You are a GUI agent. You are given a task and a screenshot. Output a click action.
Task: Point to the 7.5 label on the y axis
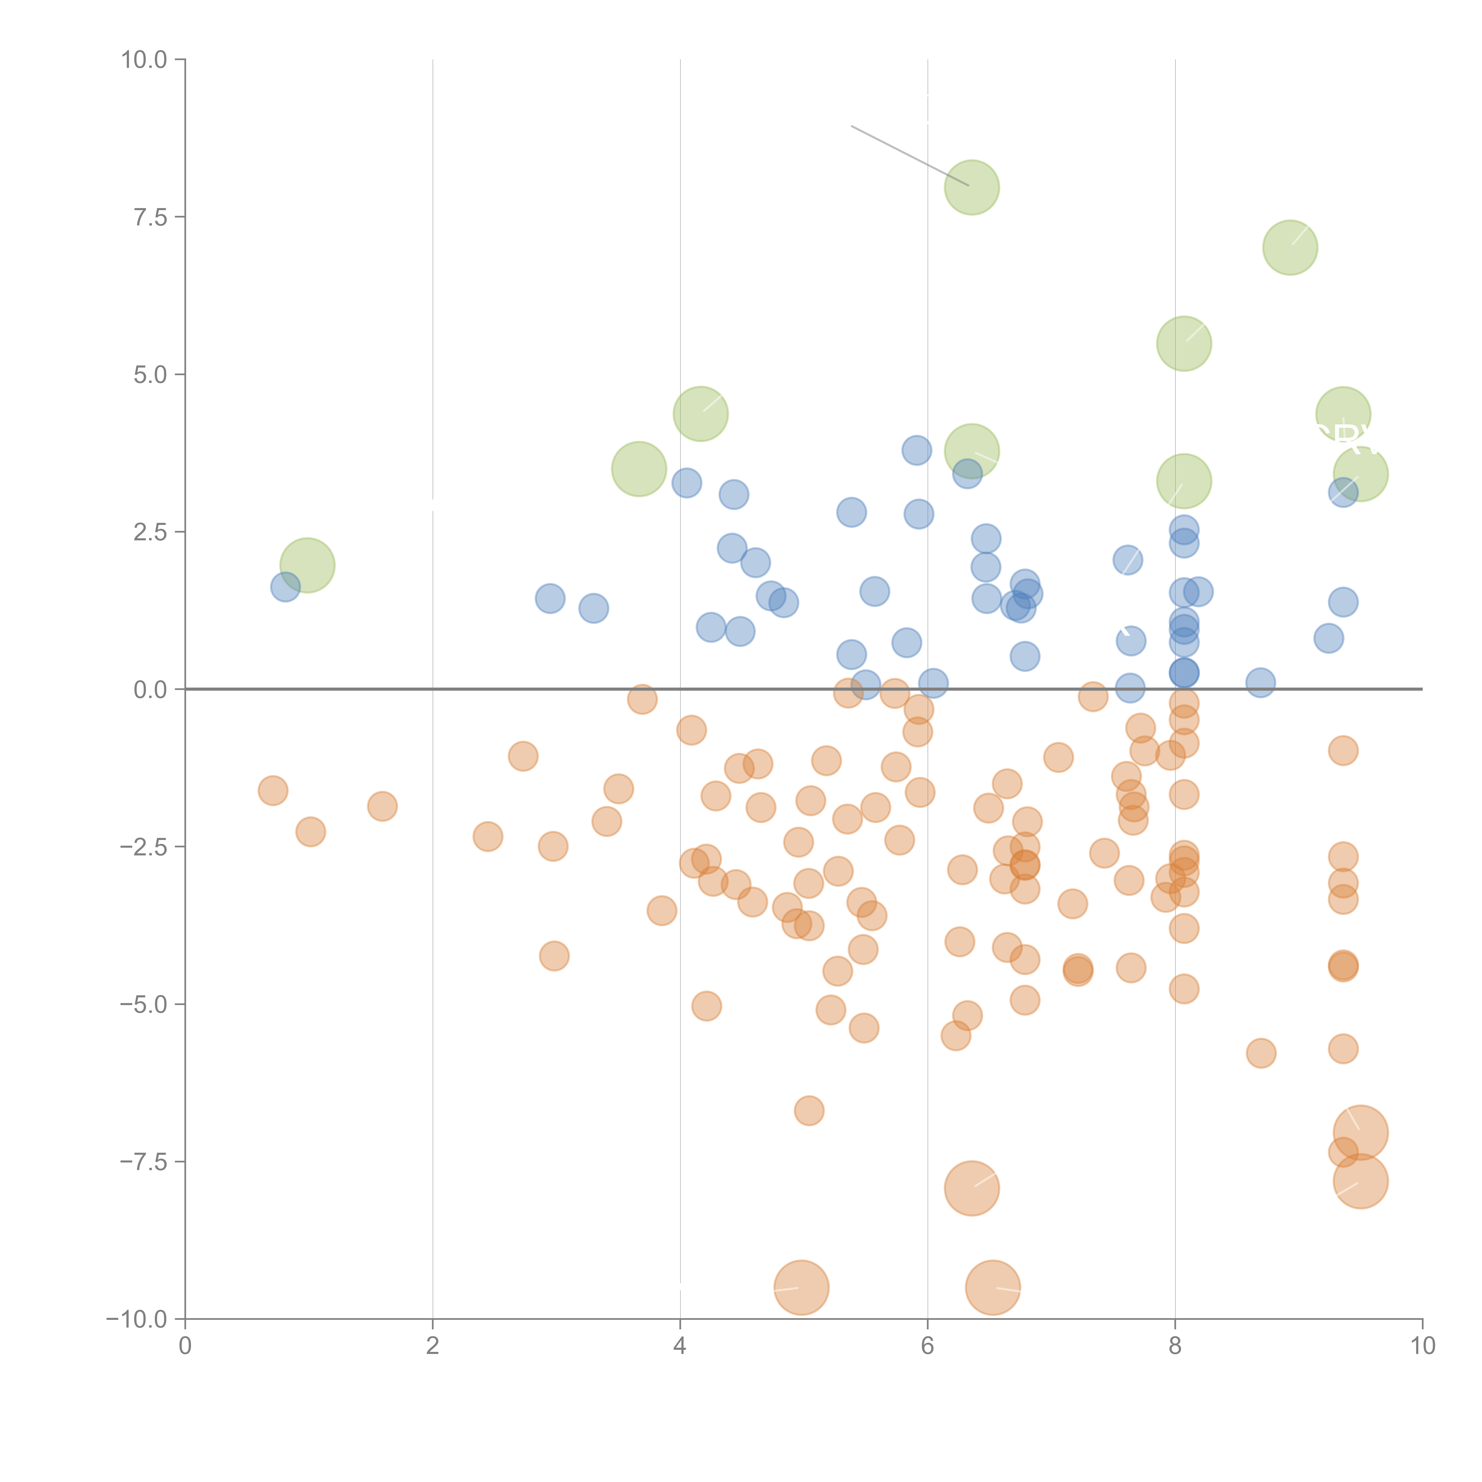[150, 217]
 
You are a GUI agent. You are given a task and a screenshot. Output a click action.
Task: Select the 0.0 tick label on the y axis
[150, 690]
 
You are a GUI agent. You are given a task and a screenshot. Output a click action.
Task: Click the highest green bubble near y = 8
[972, 187]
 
